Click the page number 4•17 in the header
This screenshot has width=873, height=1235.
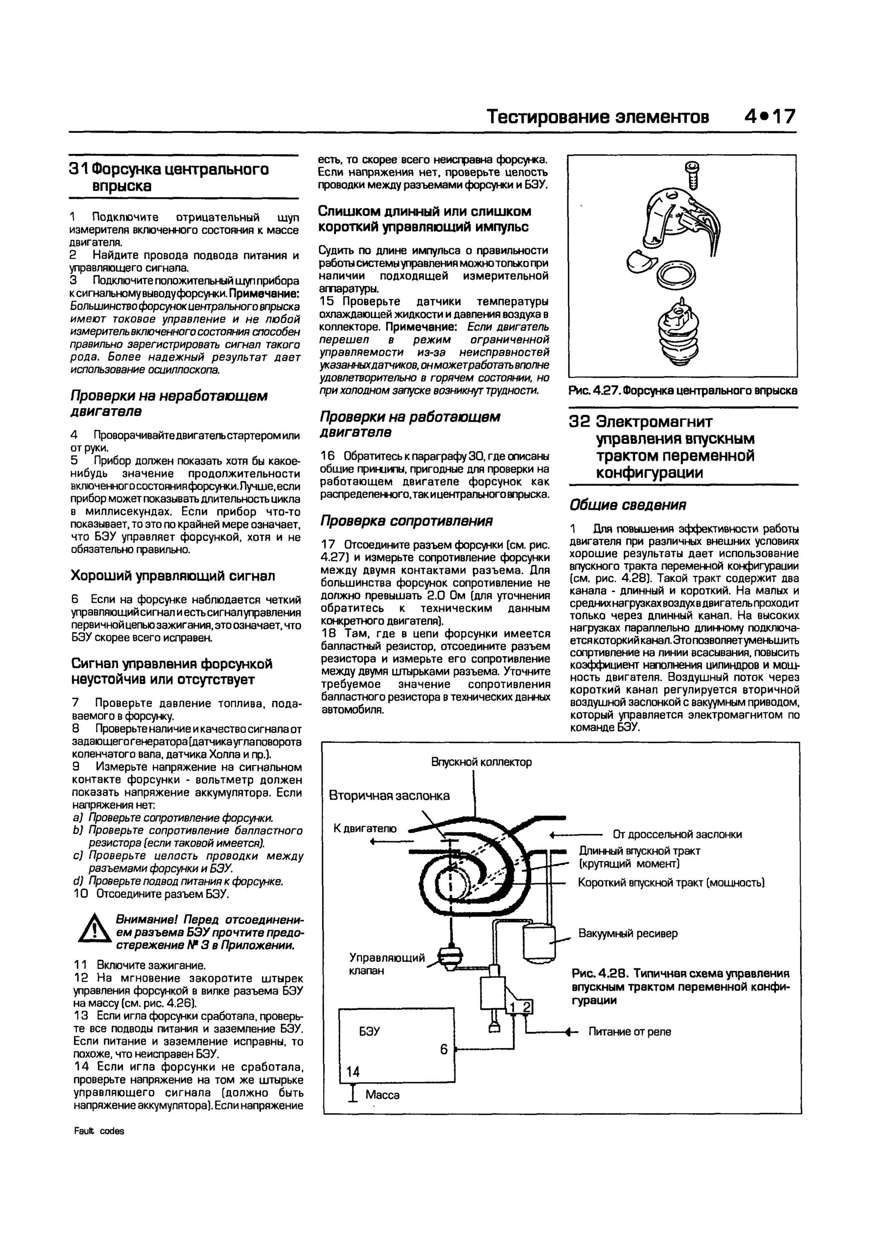(x=769, y=117)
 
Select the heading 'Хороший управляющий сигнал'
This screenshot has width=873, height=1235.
(x=173, y=576)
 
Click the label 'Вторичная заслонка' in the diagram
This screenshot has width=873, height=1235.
(x=389, y=796)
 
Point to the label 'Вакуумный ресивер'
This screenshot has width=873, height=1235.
(x=628, y=933)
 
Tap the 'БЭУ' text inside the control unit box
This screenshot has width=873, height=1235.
(x=370, y=1031)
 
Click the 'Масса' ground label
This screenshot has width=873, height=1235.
(x=383, y=1095)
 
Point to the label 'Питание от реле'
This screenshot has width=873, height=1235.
(x=630, y=1032)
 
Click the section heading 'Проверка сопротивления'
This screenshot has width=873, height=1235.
(x=407, y=521)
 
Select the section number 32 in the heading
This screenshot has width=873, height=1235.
(x=580, y=422)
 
